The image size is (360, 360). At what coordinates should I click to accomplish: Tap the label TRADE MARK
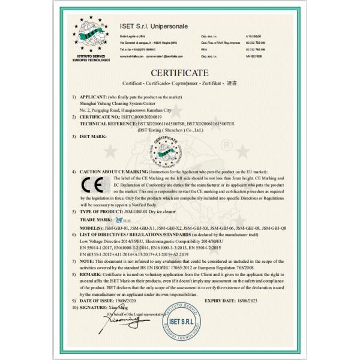(x=95, y=220)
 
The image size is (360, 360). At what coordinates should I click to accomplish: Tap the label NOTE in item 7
(x=88, y=261)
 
